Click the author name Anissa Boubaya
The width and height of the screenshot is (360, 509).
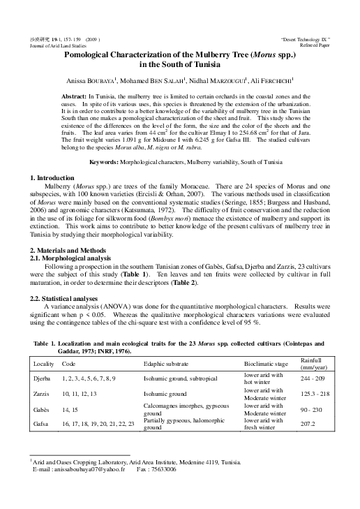point(96,80)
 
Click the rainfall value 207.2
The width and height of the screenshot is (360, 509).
point(308,424)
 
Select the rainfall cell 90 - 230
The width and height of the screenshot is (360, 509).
point(312,408)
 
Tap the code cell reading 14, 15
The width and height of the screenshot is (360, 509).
point(71,408)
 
